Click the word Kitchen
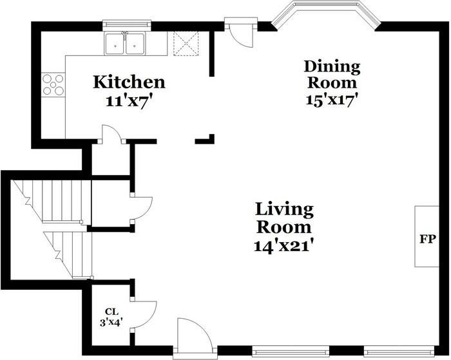[129, 82]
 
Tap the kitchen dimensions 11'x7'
[129, 101]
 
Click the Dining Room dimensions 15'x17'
[332, 100]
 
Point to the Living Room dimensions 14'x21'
[283, 246]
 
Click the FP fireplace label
[427, 239]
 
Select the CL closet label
[111, 312]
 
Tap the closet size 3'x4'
[111, 323]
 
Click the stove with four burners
[53, 84]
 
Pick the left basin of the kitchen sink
[115, 44]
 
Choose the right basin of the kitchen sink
[135, 44]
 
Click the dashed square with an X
[186, 43]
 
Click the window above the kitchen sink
[126, 24]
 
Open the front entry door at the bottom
[195, 338]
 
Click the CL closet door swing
[143, 314]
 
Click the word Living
[284, 209]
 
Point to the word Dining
[332, 66]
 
